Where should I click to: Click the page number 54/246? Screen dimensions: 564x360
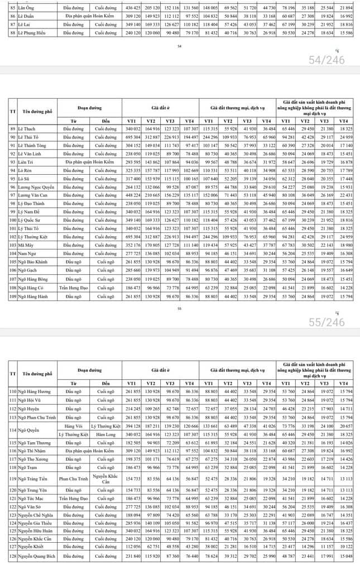coord(327,60)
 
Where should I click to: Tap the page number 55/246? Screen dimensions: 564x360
coord(327,322)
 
